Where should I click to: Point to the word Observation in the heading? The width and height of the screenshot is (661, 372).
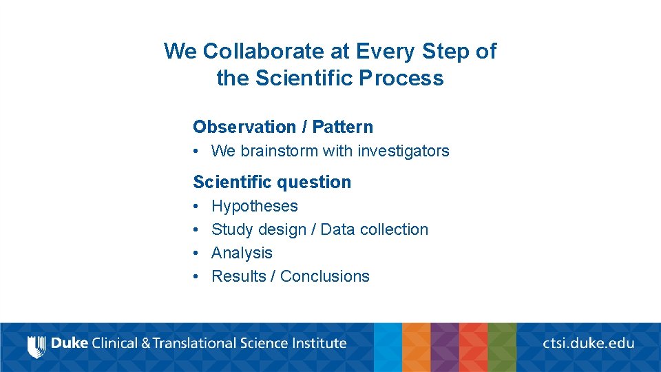pyautogui.click(x=244, y=127)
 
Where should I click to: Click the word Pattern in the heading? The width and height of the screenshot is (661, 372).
pyautogui.click(x=342, y=127)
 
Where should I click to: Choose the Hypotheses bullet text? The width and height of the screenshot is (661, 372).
pyautogui.click(x=255, y=206)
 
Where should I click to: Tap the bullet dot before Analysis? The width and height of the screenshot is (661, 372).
pyautogui.click(x=196, y=253)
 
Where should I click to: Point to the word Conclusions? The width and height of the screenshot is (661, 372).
pyautogui.click(x=325, y=276)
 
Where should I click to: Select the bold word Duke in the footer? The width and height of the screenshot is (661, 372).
pyautogui.click(x=70, y=343)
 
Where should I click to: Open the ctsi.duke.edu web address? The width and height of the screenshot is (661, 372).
pyautogui.click(x=588, y=343)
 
